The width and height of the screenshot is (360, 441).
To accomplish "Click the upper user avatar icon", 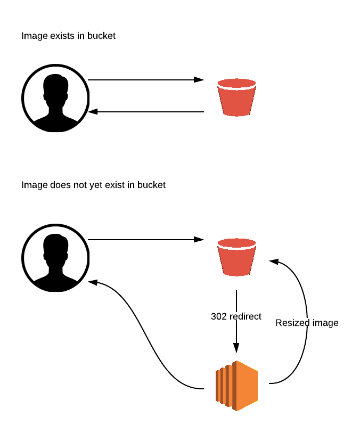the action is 55,98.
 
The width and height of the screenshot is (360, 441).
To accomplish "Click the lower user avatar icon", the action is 55,258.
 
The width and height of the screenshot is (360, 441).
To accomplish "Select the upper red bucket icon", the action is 236,97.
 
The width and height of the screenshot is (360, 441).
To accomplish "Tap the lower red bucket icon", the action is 236,257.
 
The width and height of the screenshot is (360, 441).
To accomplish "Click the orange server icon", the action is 236,386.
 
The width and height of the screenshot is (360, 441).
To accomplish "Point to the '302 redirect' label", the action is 236,316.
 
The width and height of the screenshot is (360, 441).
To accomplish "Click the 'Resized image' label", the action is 307,323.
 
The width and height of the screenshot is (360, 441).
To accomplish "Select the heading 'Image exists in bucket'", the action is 68,36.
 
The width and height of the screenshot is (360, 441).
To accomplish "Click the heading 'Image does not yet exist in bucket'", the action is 93,185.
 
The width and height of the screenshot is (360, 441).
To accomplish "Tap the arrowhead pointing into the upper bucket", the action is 199,80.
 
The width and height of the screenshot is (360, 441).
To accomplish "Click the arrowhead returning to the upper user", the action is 93,112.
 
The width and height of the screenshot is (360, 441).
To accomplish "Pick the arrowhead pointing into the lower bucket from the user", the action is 199,240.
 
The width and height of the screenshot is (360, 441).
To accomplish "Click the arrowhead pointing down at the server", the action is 236,348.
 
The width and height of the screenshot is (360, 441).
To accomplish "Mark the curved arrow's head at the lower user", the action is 93,282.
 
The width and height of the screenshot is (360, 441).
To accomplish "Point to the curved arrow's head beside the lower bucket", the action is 274,262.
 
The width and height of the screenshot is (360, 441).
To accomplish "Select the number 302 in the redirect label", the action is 219,316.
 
